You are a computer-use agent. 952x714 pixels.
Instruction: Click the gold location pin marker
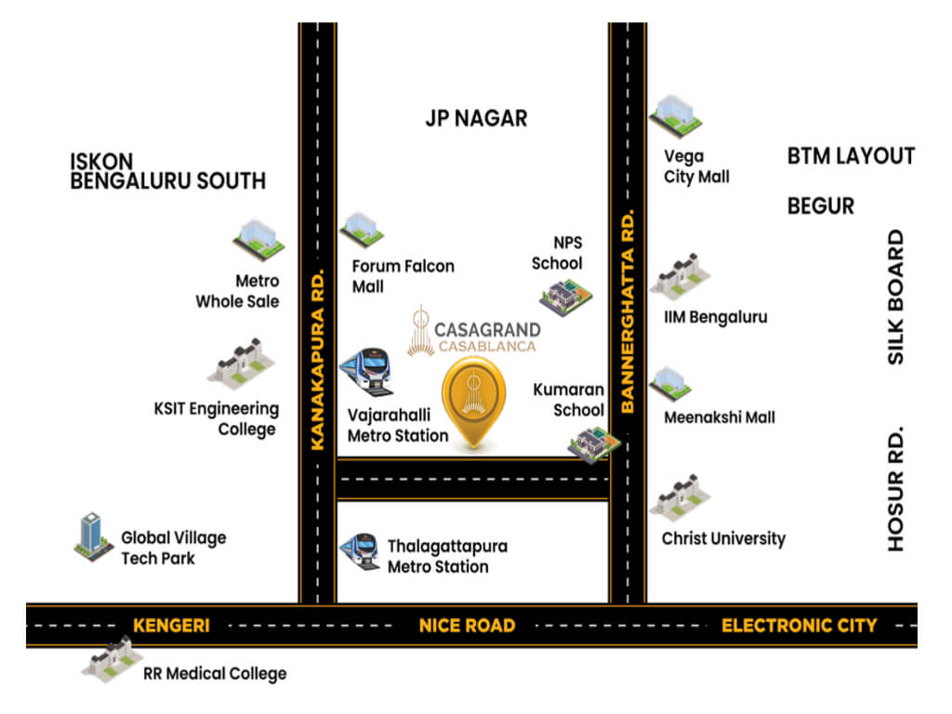coord(473,400)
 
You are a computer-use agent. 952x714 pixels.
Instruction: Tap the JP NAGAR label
coord(476,118)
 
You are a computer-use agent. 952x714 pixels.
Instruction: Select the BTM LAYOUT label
coord(851,156)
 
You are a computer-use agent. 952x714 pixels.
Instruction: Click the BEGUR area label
coord(820,205)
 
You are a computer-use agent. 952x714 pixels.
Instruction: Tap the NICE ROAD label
coord(467,626)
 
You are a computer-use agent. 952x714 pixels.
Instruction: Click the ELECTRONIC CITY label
coord(799,626)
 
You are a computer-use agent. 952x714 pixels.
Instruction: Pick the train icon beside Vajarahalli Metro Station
coord(365,370)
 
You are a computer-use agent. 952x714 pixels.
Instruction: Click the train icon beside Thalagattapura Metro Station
coord(360,551)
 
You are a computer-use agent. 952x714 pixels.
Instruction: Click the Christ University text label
coord(723,538)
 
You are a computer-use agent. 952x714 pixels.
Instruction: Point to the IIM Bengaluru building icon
coord(680,275)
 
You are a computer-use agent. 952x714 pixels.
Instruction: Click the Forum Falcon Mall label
coord(403,276)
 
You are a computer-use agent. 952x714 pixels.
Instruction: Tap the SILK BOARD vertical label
coord(895,297)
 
